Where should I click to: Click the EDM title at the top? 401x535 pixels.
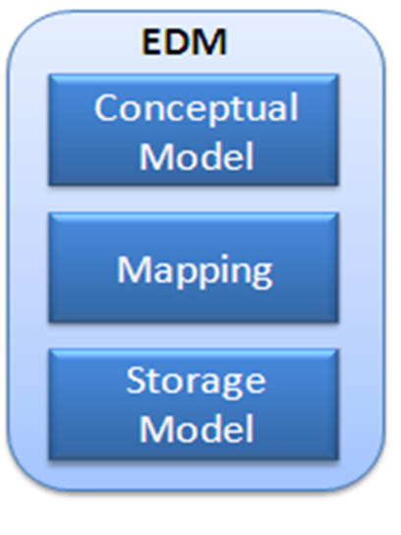coord(184,41)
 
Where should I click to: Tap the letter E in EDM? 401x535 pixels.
coord(151,41)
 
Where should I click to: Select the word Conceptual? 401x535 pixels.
coord(197,109)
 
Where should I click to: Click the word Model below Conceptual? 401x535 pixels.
coord(197,155)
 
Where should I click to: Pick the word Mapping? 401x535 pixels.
coord(195,271)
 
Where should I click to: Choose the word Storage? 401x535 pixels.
coord(196,382)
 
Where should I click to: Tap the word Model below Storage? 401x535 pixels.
coord(197,428)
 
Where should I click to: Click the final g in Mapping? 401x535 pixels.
coord(261,275)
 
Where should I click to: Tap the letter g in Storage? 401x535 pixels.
coord(232,386)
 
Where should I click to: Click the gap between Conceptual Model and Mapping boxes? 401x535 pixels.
coord(194,200)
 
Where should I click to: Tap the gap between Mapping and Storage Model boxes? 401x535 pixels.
coord(194,335)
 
